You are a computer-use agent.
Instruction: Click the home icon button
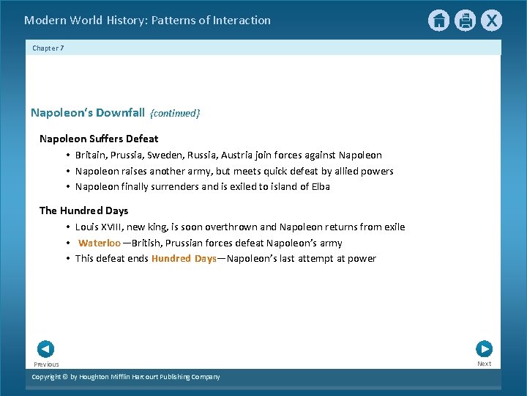[438, 21]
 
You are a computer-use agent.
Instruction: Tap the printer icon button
[465, 21]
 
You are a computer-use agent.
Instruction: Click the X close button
[491, 21]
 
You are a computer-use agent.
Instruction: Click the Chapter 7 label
[48, 48]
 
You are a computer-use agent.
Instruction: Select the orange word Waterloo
[100, 243]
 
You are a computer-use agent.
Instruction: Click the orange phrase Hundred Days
[183, 258]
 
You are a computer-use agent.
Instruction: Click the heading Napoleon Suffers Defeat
[99, 139]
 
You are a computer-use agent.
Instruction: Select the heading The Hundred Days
[83, 210]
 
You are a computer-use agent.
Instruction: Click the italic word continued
[175, 113]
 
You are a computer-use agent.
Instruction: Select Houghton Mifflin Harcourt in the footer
[124, 377]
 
